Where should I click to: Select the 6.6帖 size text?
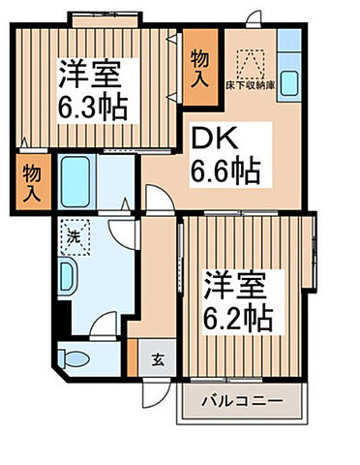tap(224, 171)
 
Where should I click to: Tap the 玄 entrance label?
tap(157, 357)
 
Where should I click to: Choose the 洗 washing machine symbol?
tap(75, 232)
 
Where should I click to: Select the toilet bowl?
tap(76, 359)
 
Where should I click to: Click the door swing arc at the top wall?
tap(253, 22)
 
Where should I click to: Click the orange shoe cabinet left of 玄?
tap(132, 359)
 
